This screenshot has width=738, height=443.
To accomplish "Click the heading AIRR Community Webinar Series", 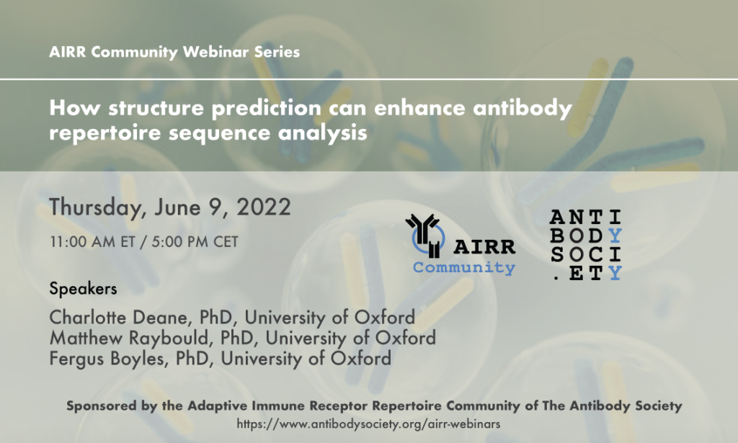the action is coord(174,52).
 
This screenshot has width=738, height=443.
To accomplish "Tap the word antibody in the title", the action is coord(523,108).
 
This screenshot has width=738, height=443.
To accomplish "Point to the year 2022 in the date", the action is coord(264,207).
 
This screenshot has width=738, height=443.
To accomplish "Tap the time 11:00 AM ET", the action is coord(93,242).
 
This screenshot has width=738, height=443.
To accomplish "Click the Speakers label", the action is coord(83,288).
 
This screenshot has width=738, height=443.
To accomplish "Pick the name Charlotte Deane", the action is coord(118,318).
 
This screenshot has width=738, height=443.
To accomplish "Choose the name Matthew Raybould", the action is coord(128,338).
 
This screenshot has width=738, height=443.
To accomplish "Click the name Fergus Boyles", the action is coord(106,359).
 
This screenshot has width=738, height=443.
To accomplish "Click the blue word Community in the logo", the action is coord(464,267).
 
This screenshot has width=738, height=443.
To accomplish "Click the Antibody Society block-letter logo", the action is coord(586,244).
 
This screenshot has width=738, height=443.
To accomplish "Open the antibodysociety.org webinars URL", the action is coord(368,424).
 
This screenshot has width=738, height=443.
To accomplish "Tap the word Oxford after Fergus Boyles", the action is coord(360,359).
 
